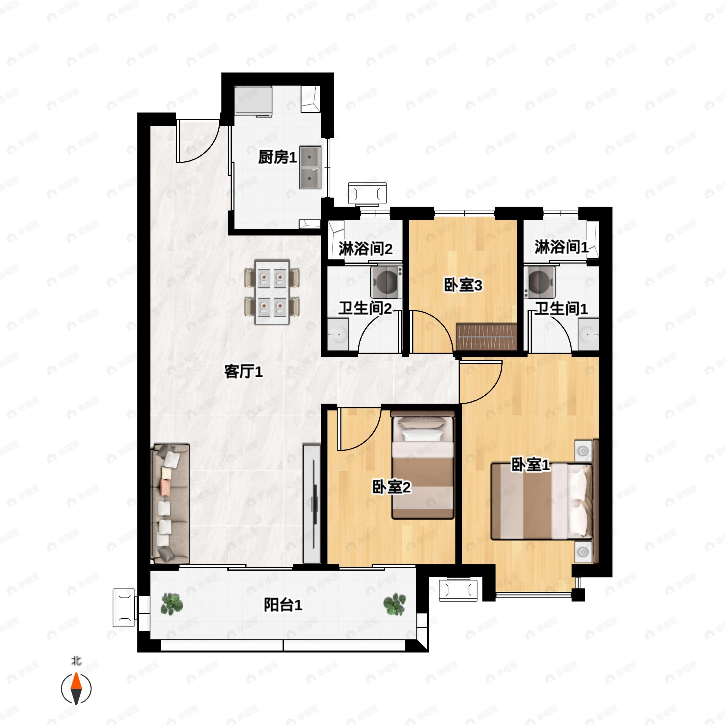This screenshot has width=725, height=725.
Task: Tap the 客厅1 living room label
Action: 243,372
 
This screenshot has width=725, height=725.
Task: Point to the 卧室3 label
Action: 463,285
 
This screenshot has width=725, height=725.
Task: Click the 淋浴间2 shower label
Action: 366,248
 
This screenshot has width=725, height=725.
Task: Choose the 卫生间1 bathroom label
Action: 561,308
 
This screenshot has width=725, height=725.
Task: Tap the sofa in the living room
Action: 170,504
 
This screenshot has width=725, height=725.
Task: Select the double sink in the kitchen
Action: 310,167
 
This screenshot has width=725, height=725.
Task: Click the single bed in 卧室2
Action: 423,465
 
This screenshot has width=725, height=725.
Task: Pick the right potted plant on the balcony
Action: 395,604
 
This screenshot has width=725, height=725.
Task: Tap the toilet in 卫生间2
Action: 386,282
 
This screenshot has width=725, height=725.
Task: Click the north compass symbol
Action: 76,689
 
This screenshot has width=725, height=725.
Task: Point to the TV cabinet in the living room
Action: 311,504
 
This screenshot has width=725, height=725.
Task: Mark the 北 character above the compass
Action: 76,660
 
